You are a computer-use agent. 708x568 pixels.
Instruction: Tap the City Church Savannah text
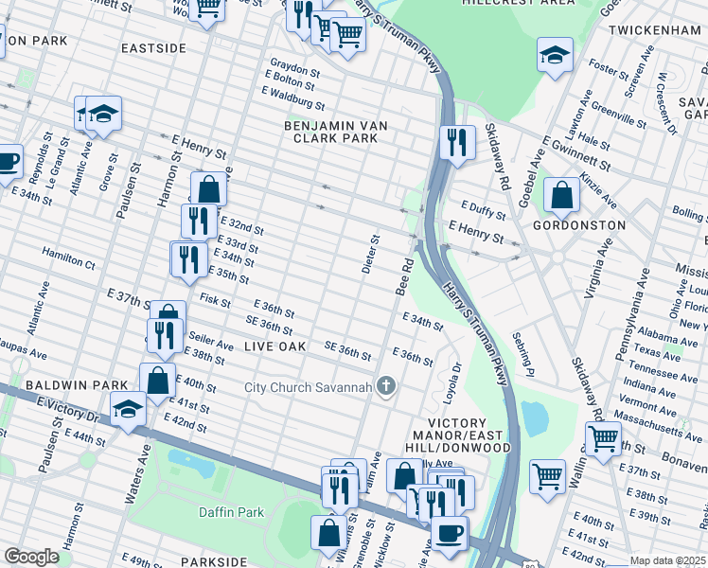(x=308, y=386)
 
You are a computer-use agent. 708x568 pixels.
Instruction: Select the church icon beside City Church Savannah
(x=385, y=385)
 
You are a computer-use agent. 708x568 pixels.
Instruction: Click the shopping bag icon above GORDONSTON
(x=562, y=196)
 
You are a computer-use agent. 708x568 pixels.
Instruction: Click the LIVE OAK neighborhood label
(x=275, y=346)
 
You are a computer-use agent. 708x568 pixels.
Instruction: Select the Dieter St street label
(x=370, y=254)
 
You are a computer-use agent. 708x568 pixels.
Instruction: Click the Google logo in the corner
(x=31, y=556)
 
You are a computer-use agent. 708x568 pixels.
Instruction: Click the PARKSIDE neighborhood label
(x=214, y=561)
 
